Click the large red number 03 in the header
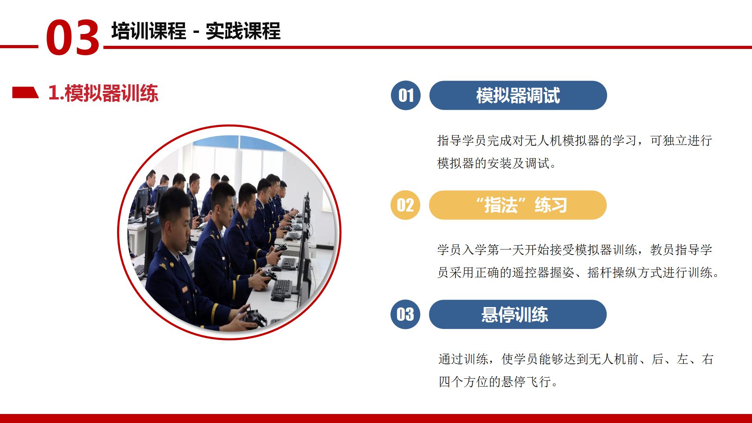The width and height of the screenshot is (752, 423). pos(73,38)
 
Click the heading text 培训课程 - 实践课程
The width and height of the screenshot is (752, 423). pos(196,31)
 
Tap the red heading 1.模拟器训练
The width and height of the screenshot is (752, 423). pos(103,93)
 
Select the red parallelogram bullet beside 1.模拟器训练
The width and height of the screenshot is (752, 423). pos(25,92)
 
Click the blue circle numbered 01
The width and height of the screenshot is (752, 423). pos(406,95)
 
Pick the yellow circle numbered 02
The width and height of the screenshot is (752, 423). pos(405,205)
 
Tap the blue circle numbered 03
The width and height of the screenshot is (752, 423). pos(405,314)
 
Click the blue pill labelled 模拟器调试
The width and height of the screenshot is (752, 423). pos(518,95)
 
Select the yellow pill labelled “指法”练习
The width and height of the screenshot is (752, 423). pos(518,205)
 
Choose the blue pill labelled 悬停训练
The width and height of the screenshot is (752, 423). pos(518,314)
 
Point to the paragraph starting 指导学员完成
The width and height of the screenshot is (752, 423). pos(575,152)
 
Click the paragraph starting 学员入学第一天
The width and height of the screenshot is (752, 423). pos(578,261)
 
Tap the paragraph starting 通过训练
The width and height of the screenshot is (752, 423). pos(576,370)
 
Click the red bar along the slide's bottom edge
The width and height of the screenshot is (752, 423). pos(376,418)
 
